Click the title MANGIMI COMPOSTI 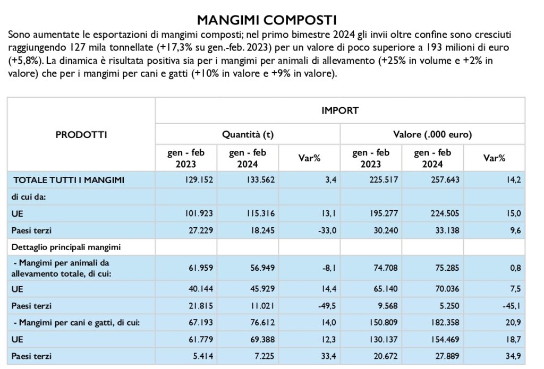point(267,20)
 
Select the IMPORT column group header point(339,110)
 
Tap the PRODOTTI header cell point(81,134)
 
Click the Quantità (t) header point(248,134)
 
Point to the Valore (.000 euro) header point(432,134)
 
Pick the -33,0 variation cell point(327,230)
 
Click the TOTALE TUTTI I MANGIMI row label point(69,180)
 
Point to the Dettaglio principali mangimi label point(66,247)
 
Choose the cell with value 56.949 point(262,268)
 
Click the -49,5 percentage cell point(327,306)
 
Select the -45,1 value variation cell point(512,306)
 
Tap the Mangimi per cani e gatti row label point(76,323)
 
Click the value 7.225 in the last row point(265,356)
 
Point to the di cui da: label point(29,196)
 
